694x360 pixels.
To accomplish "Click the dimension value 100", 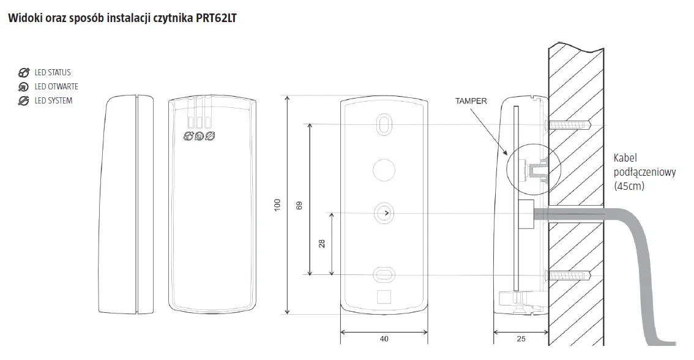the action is (277, 204).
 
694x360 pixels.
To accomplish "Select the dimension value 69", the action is (299, 206).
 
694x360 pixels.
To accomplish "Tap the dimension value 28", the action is (322, 243).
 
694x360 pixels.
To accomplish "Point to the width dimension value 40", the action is (384, 339).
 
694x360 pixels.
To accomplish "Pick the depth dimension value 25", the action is (521, 339).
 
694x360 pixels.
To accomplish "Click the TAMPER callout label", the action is (471, 101).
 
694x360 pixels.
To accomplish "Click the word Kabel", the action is (625, 158).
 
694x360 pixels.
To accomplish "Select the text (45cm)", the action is (629, 186).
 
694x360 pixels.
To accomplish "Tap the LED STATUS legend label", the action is (53, 72).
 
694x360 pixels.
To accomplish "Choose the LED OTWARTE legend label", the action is (56, 86).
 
